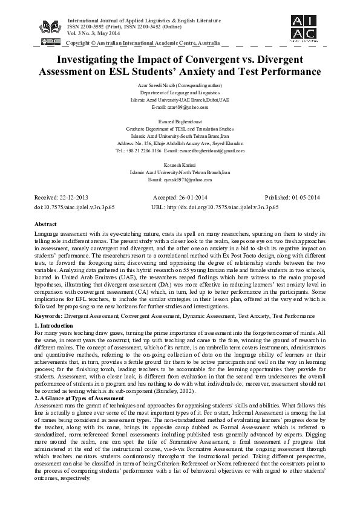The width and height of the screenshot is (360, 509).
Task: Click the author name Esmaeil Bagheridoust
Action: point(180,122)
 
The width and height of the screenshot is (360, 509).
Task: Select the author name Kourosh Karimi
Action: point(180,164)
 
